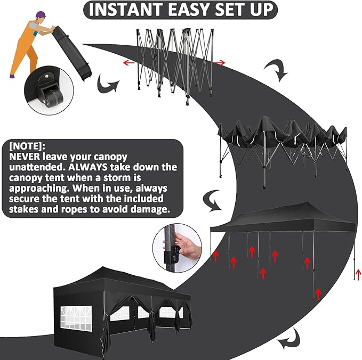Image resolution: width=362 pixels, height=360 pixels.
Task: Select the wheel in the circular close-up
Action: (x=54, y=97)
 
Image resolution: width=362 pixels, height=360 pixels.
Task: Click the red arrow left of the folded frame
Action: (x=128, y=62)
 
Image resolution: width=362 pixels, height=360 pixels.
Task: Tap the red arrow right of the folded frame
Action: (x=220, y=63)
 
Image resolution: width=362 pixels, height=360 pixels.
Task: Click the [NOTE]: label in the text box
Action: (x=28, y=145)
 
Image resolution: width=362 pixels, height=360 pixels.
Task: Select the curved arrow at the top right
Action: (x=276, y=69)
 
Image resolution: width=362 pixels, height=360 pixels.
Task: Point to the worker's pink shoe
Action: (x=12, y=77)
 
